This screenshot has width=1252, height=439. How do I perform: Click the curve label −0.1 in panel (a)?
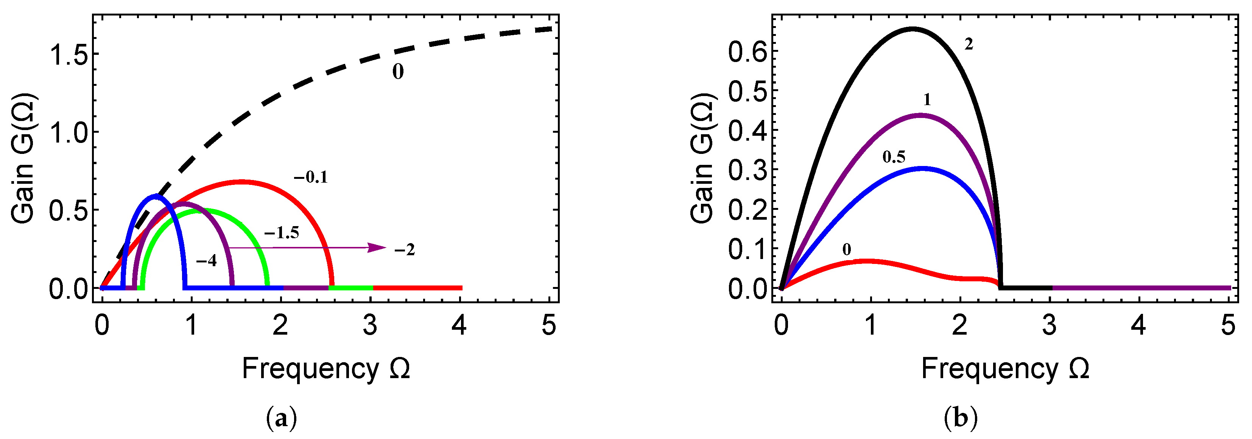311,178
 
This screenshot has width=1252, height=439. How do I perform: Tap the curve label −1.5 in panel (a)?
282,233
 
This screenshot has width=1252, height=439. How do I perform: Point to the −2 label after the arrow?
404,250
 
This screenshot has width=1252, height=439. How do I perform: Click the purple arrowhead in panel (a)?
376,248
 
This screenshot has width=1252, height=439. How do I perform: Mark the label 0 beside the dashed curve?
397,72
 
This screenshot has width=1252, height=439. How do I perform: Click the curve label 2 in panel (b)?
968,45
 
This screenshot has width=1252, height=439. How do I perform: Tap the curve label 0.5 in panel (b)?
894,157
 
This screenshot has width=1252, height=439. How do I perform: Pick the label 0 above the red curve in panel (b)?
847,250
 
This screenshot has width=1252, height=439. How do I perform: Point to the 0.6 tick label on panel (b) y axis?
747,51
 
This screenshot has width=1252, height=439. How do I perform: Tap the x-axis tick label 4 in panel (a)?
459,325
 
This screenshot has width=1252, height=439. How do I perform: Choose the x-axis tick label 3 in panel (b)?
1049,325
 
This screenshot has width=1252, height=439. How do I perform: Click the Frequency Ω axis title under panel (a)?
325,369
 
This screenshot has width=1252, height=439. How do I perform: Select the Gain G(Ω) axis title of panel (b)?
703,158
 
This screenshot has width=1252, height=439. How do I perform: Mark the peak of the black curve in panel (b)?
912,29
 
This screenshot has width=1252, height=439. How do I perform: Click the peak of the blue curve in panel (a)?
156,196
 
